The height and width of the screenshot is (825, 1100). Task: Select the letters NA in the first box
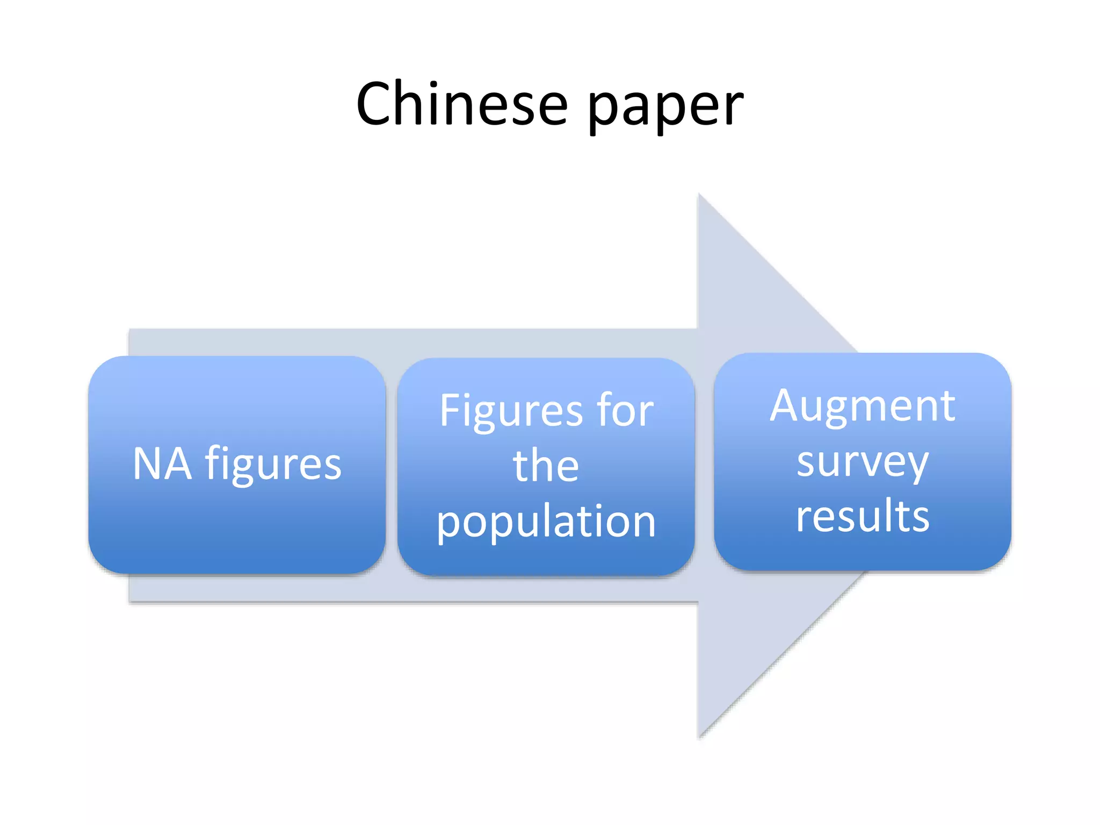click(x=162, y=463)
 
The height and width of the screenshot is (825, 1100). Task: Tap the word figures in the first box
click(x=273, y=464)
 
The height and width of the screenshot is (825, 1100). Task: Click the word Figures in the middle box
click(x=511, y=411)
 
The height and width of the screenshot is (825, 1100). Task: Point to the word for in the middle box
click(x=625, y=410)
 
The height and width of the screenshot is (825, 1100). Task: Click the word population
click(x=546, y=522)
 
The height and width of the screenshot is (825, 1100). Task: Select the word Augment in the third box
click(x=862, y=407)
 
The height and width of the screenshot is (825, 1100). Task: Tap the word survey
click(x=862, y=462)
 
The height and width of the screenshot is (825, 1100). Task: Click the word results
click(x=862, y=516)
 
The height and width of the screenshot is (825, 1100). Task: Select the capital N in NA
click(x=147, y=463)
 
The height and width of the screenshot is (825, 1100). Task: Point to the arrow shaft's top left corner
click(x=130, y=330)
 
